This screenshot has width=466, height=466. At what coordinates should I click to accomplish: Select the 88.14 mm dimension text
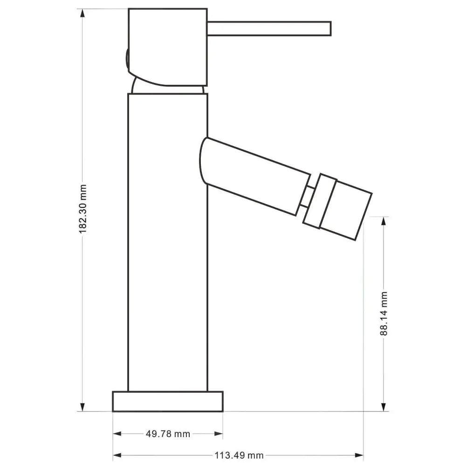(x=384, y=313)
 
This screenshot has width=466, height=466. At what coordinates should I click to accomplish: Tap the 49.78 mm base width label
(x=168, y=434)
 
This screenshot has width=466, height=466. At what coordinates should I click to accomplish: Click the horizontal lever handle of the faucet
(x=269, y=28)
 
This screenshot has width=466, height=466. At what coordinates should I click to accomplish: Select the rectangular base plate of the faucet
(x=168, y=401)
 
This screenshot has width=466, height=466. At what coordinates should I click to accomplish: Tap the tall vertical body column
(x=168, y=242)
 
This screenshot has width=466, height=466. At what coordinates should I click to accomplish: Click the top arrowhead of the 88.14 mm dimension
(x=384, y=220)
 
